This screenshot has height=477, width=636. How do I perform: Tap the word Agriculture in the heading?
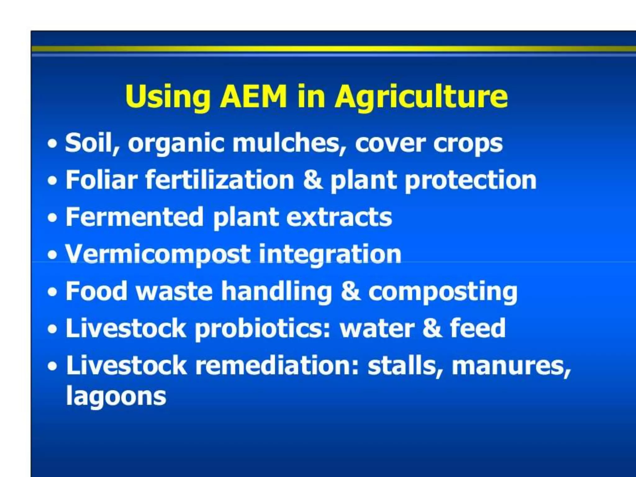tap(421, 97)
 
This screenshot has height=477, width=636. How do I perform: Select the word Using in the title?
tap(168, 97)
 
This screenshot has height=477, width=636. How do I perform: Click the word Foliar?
tap(101, 180)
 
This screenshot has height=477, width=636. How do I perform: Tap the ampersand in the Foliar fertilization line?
tap(312, 180)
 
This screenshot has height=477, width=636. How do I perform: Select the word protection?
tap(470, 181)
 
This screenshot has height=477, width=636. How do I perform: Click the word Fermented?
tap(134, 217)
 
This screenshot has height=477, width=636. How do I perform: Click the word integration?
tap(330, 255)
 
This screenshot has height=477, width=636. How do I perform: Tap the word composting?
tap(443, 292)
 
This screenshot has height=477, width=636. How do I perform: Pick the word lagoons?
tap(116, 397)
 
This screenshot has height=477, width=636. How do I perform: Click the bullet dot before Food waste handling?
tap(53, 292)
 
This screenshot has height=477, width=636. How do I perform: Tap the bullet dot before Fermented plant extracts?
tap(53, 218)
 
